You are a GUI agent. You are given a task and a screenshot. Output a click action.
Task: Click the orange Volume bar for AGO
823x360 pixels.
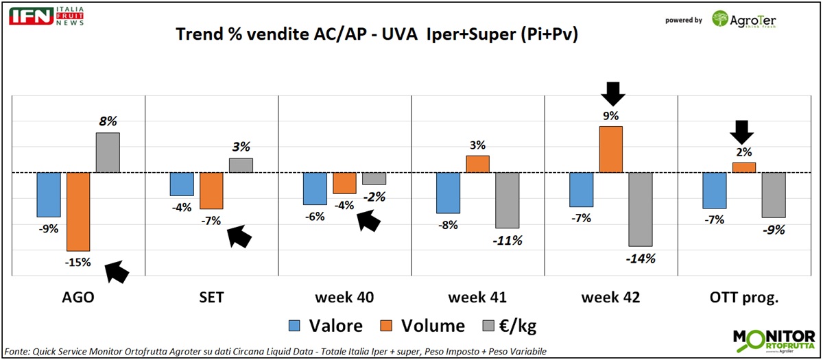pos(78,212)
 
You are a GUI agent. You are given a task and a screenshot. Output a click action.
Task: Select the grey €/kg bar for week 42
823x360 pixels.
pos(641,209)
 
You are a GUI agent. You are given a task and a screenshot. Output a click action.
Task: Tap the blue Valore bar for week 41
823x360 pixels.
pos(449,193)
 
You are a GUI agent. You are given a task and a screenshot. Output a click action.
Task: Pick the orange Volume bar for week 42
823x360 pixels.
pos(610,149)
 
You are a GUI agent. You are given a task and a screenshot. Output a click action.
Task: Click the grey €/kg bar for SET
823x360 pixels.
pos(241,165)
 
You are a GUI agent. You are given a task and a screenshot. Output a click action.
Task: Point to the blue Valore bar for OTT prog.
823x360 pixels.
pos(715,190)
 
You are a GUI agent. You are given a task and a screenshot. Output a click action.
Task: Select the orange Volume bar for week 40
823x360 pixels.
pos(344,183)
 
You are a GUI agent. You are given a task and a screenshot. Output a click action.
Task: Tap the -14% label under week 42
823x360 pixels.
pos(641,259)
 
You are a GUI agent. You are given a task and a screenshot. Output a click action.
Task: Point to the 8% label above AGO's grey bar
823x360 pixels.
pos(108,121)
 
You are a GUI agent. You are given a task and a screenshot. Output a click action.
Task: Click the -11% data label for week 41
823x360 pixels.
pos(508,241)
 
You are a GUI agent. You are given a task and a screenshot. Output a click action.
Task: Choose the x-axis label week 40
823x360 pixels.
pos(344,298)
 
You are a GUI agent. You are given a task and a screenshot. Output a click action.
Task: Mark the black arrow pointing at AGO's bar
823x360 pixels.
pos(117,272)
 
